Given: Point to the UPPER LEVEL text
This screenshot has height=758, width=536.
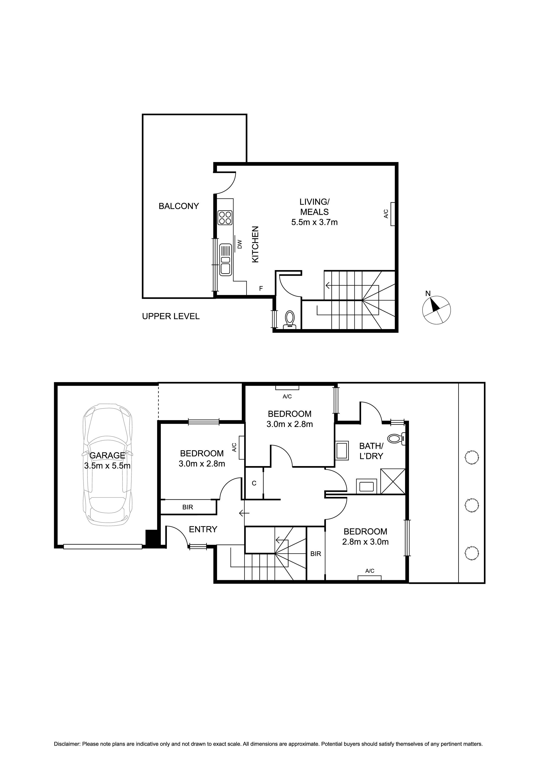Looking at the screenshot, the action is pyautogui.click(x=171, y=316).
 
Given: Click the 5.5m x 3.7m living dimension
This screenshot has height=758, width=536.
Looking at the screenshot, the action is pyautogui.click(x=314, y=222).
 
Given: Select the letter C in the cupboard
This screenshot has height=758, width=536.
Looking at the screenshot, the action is pyautogui.click(x=254, y=483).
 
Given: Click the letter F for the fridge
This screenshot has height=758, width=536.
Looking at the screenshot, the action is pyautogui.click(x=261, y=288).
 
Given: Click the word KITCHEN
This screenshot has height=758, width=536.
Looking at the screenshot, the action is pyautogui.click(x=255, y=244).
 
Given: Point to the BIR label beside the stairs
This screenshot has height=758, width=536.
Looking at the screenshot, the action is pyautogui.click(x=316, y=554).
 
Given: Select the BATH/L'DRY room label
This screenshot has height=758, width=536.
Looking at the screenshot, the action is pyautogui.click(x=371, y=451).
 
